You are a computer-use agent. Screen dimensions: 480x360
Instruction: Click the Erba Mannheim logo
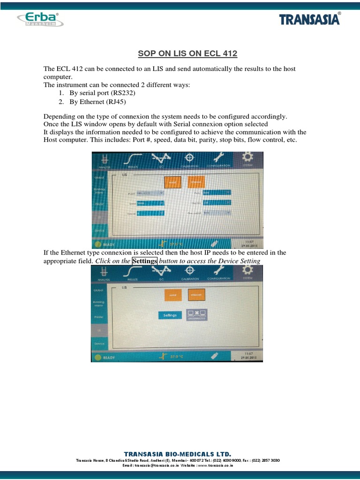40,19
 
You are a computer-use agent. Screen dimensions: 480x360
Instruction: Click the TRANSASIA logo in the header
310,20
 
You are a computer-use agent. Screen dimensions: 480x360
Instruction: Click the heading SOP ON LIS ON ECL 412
187,54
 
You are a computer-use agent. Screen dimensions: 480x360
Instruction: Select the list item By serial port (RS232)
102,93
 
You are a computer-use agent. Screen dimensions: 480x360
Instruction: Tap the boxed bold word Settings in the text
144,261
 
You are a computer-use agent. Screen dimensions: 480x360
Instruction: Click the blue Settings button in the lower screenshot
170,315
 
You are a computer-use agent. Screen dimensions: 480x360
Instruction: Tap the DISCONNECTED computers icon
197,315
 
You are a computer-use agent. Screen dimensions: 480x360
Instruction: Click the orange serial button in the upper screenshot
172,182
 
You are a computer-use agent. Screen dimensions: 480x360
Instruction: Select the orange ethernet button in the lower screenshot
196,294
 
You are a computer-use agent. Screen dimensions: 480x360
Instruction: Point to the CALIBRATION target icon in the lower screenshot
190,271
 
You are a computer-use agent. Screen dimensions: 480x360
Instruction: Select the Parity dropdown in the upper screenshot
217,192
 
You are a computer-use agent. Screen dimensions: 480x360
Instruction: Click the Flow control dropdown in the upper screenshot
217,212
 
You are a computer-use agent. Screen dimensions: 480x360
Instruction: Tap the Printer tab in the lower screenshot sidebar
99,317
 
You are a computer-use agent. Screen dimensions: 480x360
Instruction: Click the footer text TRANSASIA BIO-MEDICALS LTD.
178,454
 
